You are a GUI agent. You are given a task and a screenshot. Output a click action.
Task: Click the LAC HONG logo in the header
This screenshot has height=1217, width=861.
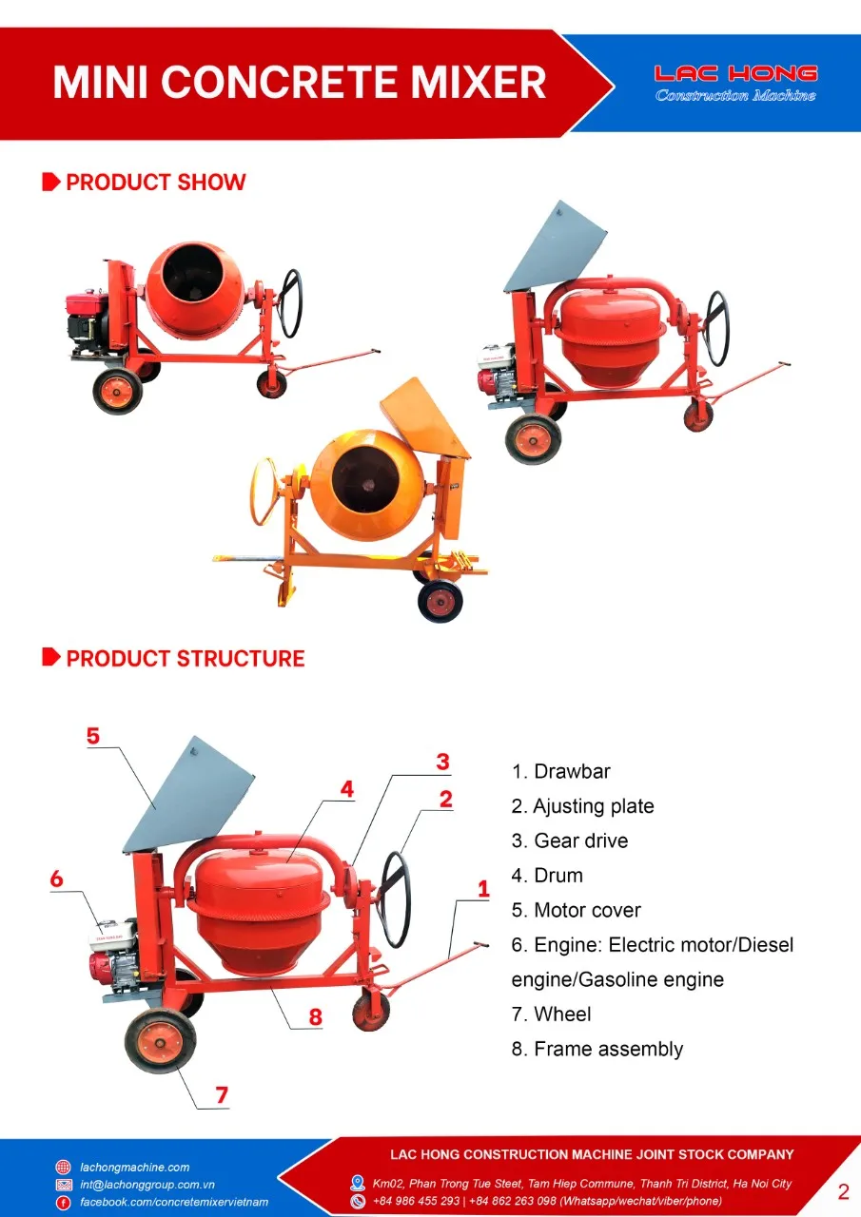point(735,83)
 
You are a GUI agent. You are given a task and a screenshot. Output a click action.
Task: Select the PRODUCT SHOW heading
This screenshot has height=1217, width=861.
point(155,183)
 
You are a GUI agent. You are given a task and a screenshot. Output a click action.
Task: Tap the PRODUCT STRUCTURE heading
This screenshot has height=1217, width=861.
point(185,659)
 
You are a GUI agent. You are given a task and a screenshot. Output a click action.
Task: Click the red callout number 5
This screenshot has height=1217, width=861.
point(92,736)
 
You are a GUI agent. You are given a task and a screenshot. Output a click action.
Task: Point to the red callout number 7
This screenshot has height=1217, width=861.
point(222,1094)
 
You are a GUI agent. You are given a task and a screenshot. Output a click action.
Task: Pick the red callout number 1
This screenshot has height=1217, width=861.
point(483,889)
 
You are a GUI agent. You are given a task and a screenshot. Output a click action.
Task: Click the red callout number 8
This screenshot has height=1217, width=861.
point(315,1016)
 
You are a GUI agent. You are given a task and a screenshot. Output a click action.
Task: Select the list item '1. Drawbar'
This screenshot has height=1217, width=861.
point(560,771)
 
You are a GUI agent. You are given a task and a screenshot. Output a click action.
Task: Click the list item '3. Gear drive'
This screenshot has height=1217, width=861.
point(569,840)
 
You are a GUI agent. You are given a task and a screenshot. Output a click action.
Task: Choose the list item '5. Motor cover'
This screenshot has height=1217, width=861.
point(576,910)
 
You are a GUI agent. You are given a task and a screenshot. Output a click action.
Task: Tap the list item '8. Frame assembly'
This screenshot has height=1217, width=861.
point(597,1049)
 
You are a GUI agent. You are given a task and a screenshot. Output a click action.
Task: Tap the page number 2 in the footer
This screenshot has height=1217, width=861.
point(843,1191)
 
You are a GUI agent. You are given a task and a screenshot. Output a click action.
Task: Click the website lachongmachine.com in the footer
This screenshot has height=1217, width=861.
point(134,1167)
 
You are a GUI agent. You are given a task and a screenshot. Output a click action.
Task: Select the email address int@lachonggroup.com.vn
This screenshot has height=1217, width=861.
point(147,1185)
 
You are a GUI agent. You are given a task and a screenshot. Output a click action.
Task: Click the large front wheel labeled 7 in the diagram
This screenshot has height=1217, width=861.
point(160,1041)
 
